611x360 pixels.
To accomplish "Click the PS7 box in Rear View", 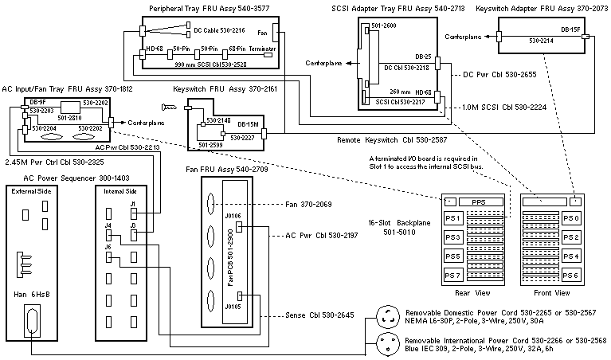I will pos(452,275).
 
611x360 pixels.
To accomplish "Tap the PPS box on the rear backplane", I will pos(478,202).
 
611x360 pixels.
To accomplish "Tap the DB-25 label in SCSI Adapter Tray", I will pos(423,57).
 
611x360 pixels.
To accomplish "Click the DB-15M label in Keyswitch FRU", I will pos(247,124).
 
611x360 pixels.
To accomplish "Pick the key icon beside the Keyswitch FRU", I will pos(169,107).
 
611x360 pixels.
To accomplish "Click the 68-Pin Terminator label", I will pos(245,49).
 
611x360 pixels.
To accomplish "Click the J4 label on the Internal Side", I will pos(108,226).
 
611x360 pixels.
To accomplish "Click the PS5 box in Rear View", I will pos(452,256).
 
